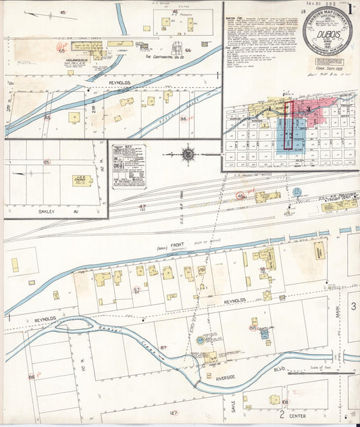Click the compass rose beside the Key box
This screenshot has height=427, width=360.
click(x=188, y=155)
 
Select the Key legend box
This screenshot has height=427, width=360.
click(x=128, y=166)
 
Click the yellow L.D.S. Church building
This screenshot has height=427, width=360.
click(x=82, y=180)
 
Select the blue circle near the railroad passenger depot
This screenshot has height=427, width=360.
click(x=296, y=192)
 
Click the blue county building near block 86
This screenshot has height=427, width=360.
click(x=264, y=332)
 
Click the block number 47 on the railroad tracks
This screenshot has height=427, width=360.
click(x=142, y=206)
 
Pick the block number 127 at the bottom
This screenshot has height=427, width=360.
click(x=174, y=412)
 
